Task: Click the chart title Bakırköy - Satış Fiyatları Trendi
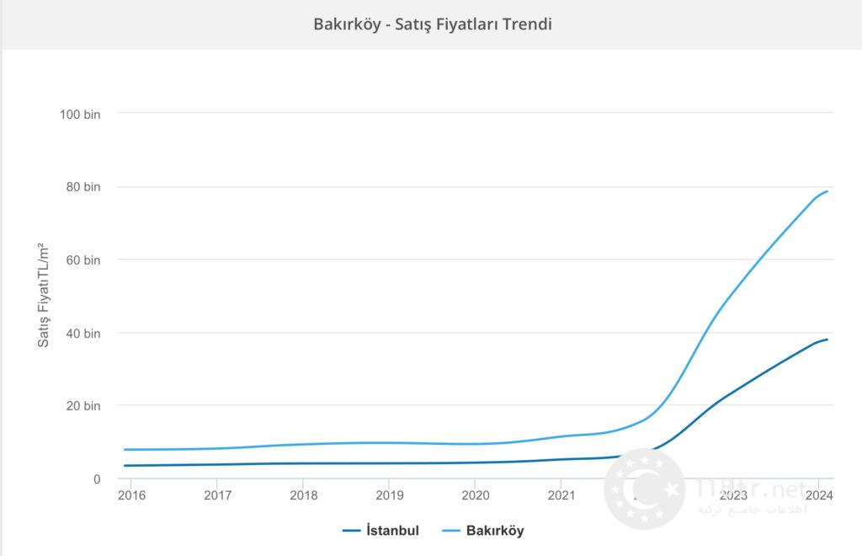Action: pos(433,24)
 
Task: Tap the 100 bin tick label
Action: pos(81,114)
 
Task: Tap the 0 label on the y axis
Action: pos(98,478)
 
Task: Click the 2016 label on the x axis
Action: pos(131,495)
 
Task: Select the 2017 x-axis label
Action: pos(217,495)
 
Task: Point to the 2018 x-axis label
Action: pos(303,495)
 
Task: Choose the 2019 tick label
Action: pos(389,495)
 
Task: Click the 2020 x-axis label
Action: pos(475,495)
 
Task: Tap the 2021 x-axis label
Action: pos(561,495)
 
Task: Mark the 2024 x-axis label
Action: pos(818,495)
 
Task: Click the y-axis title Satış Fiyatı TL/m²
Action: pos(43,296)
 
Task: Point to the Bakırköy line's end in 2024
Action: pos(827,191)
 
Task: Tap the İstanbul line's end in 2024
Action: pos(827,339)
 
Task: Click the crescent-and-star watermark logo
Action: pos(645,489)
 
